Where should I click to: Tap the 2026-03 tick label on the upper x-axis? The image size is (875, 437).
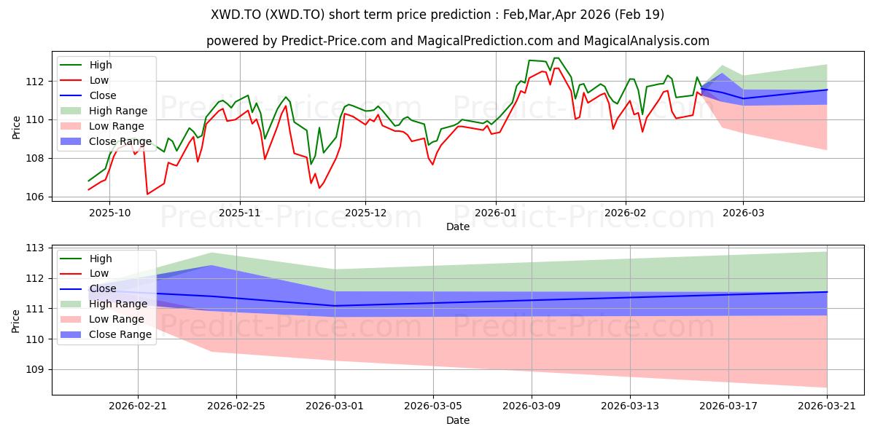point(743,213)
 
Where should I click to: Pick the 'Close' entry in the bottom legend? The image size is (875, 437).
point(102,288)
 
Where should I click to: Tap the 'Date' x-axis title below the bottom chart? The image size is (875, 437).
point(458,420)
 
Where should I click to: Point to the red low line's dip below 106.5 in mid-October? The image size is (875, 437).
point(147,194)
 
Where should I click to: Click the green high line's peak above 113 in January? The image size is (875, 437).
point(556,58)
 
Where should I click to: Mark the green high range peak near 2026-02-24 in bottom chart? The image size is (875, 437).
point(211,253)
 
